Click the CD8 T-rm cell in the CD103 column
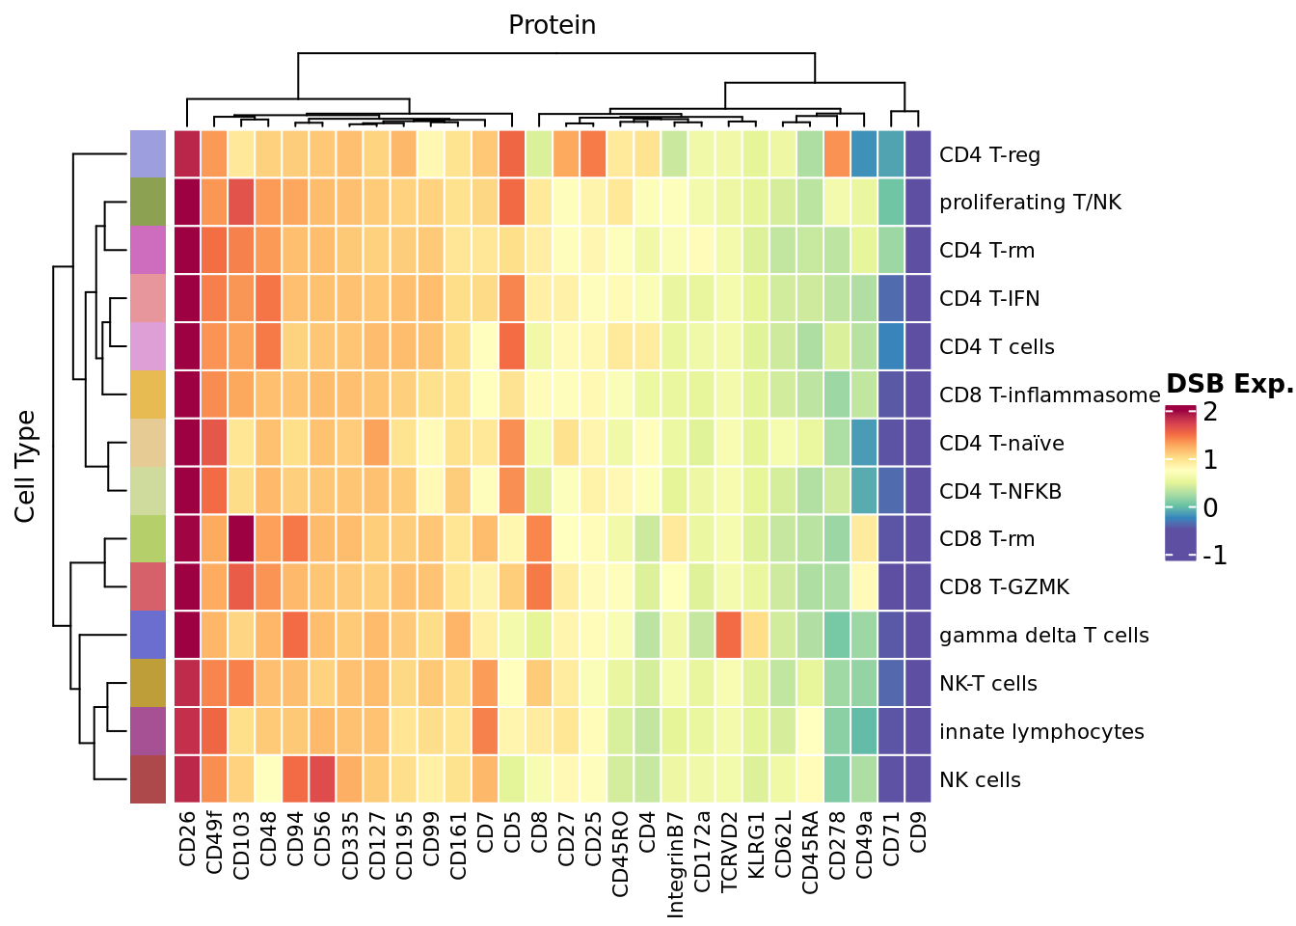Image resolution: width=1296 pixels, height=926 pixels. tap(241, 538)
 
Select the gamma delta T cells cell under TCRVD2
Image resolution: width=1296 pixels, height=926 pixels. tap(729, 635)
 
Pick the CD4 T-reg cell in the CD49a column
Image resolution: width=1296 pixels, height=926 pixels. tap(864, 154)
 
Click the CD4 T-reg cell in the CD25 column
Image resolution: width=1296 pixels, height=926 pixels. tap(593, 154)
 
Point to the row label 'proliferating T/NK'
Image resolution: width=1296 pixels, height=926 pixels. tap(1030, 203)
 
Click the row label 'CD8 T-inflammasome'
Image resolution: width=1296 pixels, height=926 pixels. tap(1049, 395)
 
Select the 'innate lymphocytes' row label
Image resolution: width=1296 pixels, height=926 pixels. tap(1041, 732)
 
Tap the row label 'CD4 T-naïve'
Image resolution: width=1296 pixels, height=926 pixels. tap(1001, 444)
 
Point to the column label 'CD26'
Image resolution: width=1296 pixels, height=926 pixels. tap(187, 839)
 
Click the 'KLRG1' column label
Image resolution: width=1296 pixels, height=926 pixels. tap(756, 845)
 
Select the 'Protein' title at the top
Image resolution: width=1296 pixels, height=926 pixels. tap(552, 25)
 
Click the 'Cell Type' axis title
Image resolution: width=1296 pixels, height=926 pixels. tap(25, 467)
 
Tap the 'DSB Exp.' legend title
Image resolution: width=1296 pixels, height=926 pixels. tap(1229, 384)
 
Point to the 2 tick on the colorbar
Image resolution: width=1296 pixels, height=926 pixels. tap(1209, 412)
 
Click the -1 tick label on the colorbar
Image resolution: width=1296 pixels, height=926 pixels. tap(1215, 556)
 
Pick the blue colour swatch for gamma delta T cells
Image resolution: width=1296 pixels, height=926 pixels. tap(148, 635)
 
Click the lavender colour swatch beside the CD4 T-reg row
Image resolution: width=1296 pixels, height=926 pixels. tap(148, 154)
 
